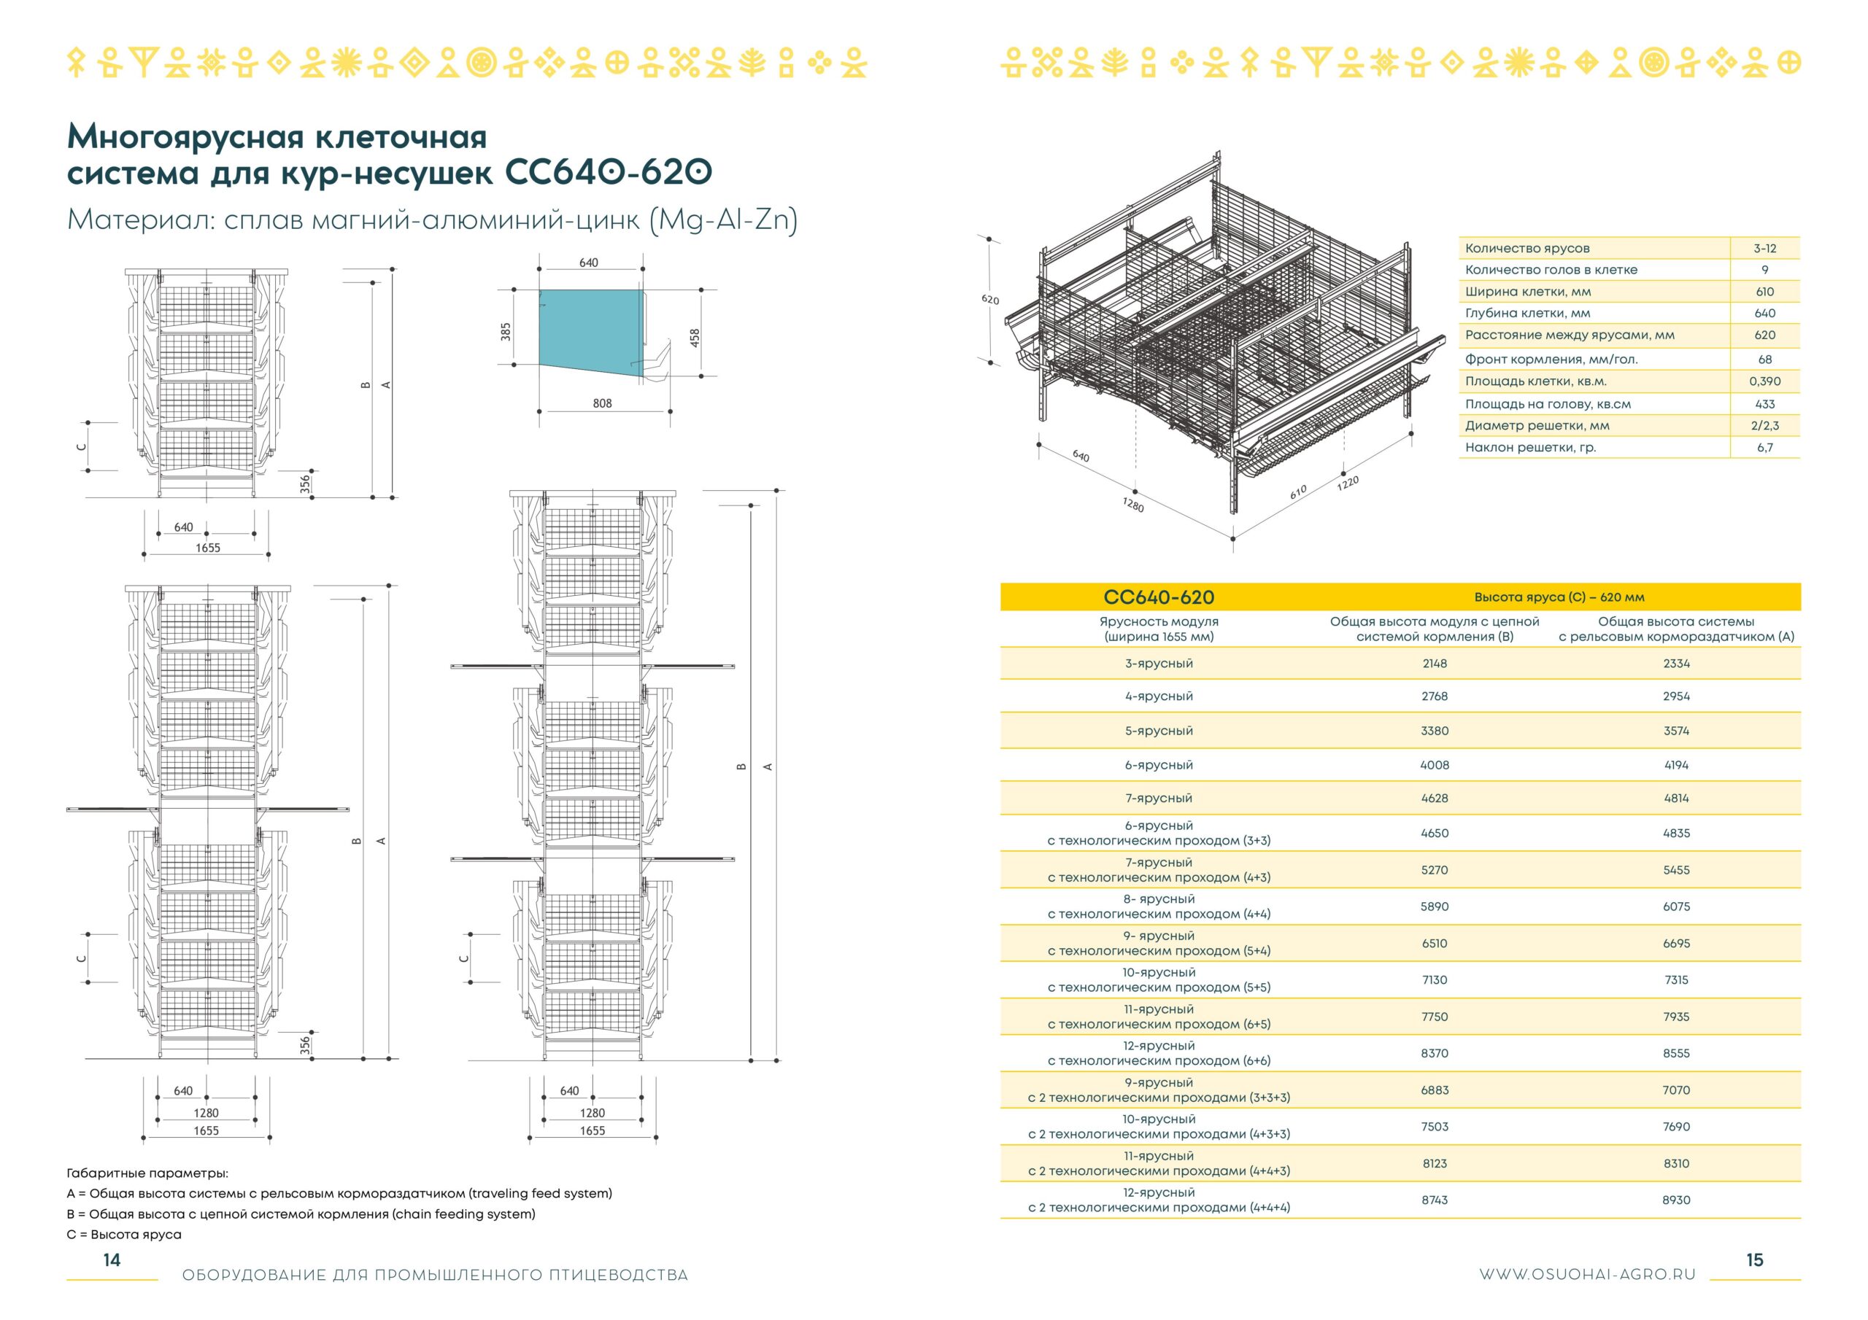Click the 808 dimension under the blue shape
click(602, 403)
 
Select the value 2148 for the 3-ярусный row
click(1435, 664)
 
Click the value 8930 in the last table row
click(1676, 1200)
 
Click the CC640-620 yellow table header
click(1159, 598)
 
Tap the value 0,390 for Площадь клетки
click(1764, 381)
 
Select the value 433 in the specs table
click(1764, 404)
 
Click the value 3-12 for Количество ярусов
click(1764, 248)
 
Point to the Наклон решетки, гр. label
click(1530, 447)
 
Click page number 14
click(112, 1259)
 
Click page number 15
click(1755, 1259)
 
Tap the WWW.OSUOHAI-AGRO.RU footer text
click(1587, 1276)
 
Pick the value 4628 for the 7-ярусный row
click(1435, 799)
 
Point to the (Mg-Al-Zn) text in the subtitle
click(723, 220)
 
